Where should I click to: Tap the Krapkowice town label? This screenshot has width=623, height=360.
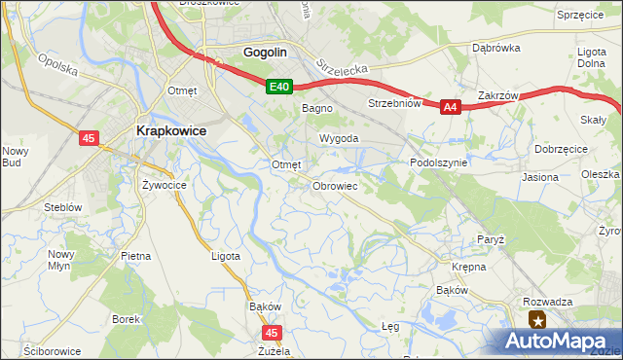tap(165, 131)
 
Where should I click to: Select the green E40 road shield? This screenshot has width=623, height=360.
tap(279, 88)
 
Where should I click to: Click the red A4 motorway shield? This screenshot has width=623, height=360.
tap(450, 108)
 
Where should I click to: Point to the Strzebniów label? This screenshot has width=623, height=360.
tap(393, 103)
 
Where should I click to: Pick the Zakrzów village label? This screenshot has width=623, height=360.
tap(496, 95)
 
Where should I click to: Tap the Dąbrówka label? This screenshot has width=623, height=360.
tap(493, 47)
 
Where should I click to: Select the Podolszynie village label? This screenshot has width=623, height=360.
tap(439, 163)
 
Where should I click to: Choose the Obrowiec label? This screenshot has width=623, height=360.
tap(336, 185)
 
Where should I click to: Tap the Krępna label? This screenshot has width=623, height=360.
tap(468, 265)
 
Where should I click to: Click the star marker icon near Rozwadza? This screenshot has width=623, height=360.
tap(537, 320)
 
